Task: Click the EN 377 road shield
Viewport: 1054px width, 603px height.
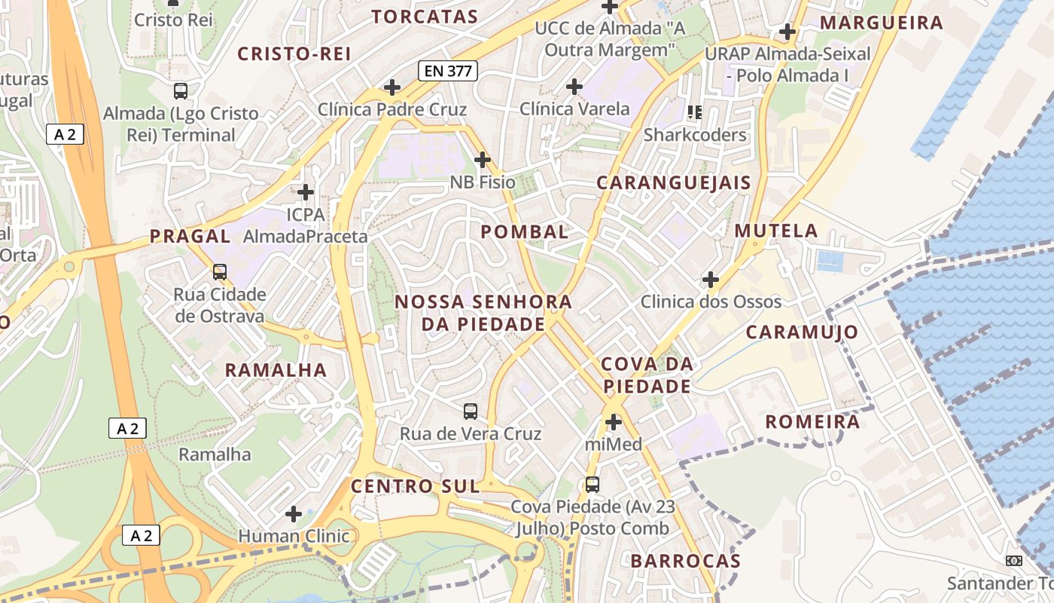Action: point(448,72)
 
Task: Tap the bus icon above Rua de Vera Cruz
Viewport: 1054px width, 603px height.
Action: point(471,412)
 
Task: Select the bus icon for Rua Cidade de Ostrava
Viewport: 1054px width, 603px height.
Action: point(220,272)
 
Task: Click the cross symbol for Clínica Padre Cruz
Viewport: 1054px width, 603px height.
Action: point(392,87)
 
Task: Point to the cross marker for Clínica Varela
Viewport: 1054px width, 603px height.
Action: point(574,87)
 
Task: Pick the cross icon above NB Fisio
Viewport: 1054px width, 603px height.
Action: point(483,160)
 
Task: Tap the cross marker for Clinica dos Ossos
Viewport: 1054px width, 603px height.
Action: point(711,280)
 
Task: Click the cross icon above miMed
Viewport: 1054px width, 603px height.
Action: point(614,422)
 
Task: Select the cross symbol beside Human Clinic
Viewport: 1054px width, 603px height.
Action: point(294,514)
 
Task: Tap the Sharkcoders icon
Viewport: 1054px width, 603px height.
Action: point(695,113)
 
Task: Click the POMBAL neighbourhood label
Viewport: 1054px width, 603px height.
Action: point(525,232)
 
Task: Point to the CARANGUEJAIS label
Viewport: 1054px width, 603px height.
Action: point(674,182)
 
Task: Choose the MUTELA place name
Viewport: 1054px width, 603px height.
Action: point(776,231)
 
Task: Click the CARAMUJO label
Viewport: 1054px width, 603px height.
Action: point(802,332)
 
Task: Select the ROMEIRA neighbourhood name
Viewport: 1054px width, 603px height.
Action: point(812,422)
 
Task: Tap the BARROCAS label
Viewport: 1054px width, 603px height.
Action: point(686,561)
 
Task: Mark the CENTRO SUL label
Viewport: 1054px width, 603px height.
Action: point(415,486)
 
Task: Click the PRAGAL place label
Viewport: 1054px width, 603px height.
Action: point(190,236)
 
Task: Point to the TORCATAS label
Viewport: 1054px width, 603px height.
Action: point(425,17)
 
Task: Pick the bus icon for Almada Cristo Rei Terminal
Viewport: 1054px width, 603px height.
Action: point(181,91)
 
